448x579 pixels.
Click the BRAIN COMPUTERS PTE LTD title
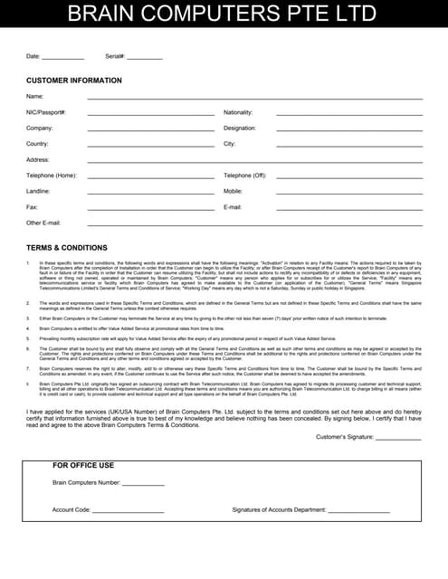click(x=223, y=14)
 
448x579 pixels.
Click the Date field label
click(x=33, y=56)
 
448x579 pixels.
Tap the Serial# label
click(x=115, y=56)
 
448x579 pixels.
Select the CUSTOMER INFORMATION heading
click(x=74, y=81)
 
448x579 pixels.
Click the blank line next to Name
click(x=254, y=97)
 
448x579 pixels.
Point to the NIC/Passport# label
click(x=46, y=112)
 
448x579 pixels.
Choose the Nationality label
click(x=238, y=112)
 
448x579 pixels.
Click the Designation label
click(x=240, y=128)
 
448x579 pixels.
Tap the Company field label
click(x=40, y=128)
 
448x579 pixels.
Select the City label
click(x=230, y=144)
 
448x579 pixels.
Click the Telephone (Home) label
click(x=52, y=176)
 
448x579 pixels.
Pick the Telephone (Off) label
click(x=245, y=176)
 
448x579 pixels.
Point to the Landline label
click(x=39, y=192)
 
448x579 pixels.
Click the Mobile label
click(x=234, y=192)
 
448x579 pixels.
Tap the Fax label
click(x=32, y=207)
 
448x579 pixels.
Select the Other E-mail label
click(x=43, y=223)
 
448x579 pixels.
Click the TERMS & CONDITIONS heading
click(x=67, y=247)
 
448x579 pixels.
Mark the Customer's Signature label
click(x=345, y=437)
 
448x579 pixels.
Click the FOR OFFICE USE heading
click(x=84, y=466)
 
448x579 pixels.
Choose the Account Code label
click(x=71, y=510)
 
